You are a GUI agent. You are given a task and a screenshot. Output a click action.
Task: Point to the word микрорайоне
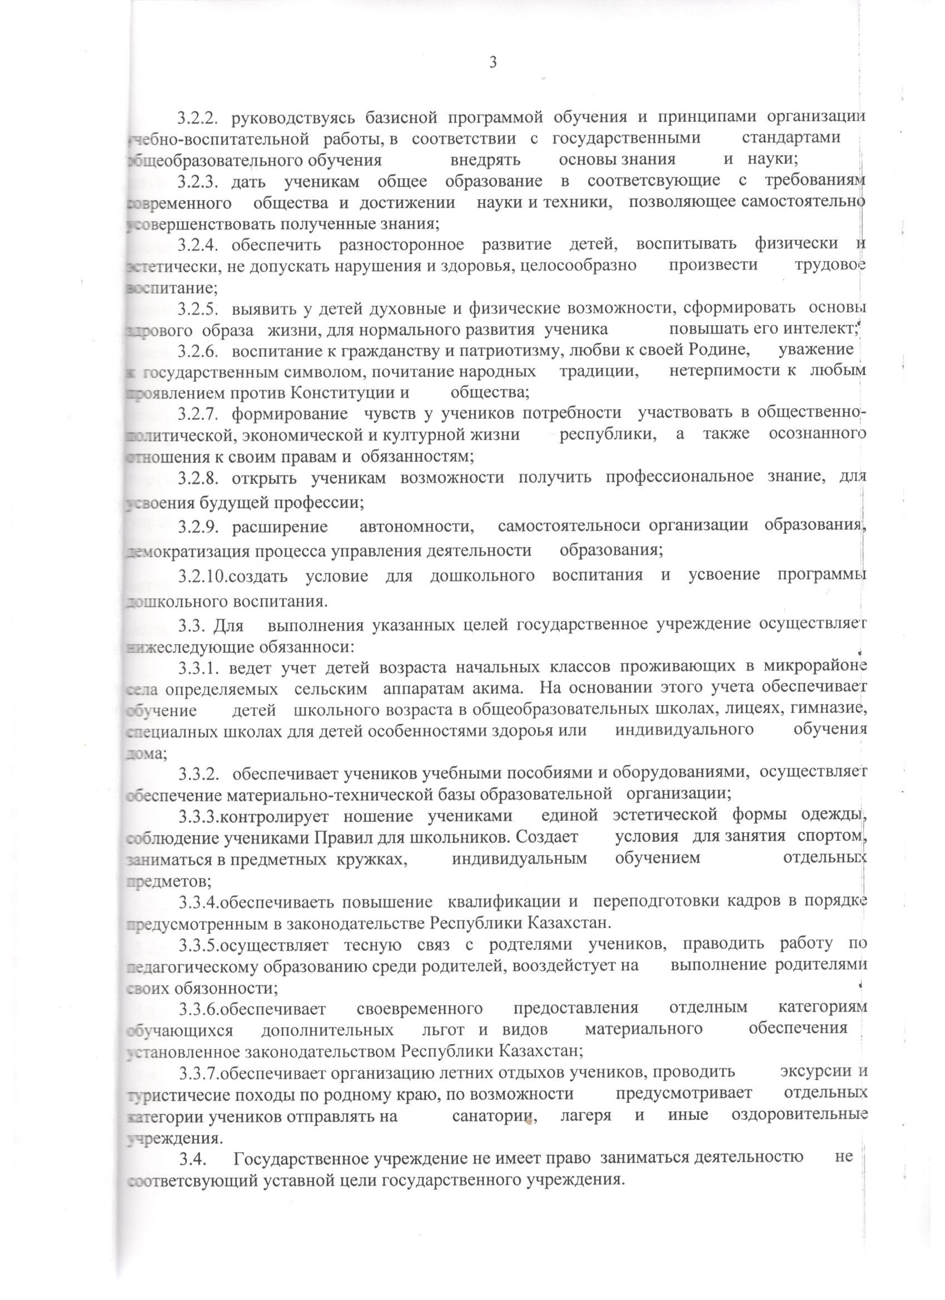[x=815, y=666]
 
